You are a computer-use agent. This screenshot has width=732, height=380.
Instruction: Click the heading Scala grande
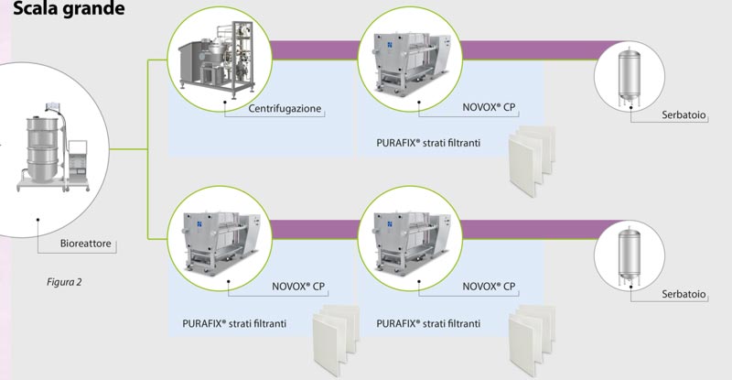(x=63, y=12)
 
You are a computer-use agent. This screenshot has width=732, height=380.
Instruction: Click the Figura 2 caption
(x=64, y=281)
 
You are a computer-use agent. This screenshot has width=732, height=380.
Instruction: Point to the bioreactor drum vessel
(x=38, y=150)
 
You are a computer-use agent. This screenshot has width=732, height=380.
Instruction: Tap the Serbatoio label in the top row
(x=684, y=114)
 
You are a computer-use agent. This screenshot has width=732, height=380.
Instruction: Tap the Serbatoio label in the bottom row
(x=684, y=295)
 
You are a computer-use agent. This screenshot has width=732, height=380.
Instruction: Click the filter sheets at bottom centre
(x=530, y=337)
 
